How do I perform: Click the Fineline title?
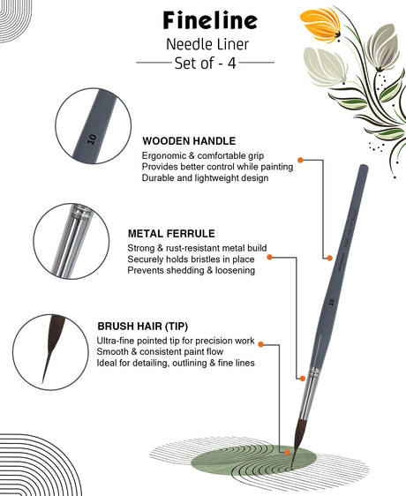coord(210,20)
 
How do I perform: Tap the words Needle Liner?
coord(207,44)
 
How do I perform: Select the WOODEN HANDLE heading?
coord(189,140)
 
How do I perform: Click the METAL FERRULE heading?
coord(171,234)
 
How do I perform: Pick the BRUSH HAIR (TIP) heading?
coord(142,327)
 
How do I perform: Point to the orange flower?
coord(320,25)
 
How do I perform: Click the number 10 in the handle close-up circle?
coord(92,139)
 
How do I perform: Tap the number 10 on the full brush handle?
coord(331,302)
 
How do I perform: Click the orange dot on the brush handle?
coord(329,258)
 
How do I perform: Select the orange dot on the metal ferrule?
coord(302,379)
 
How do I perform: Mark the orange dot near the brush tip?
coord(287,453)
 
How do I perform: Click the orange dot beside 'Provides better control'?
coord(300,160)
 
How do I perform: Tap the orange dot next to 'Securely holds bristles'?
coord(269,257)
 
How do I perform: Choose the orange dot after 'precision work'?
coord(260,344)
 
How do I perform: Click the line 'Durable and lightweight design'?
coord(205,177)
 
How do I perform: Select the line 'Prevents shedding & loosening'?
coord(192,270)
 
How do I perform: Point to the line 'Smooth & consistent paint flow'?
coord(160,352)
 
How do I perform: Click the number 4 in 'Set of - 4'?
coord(232,64)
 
